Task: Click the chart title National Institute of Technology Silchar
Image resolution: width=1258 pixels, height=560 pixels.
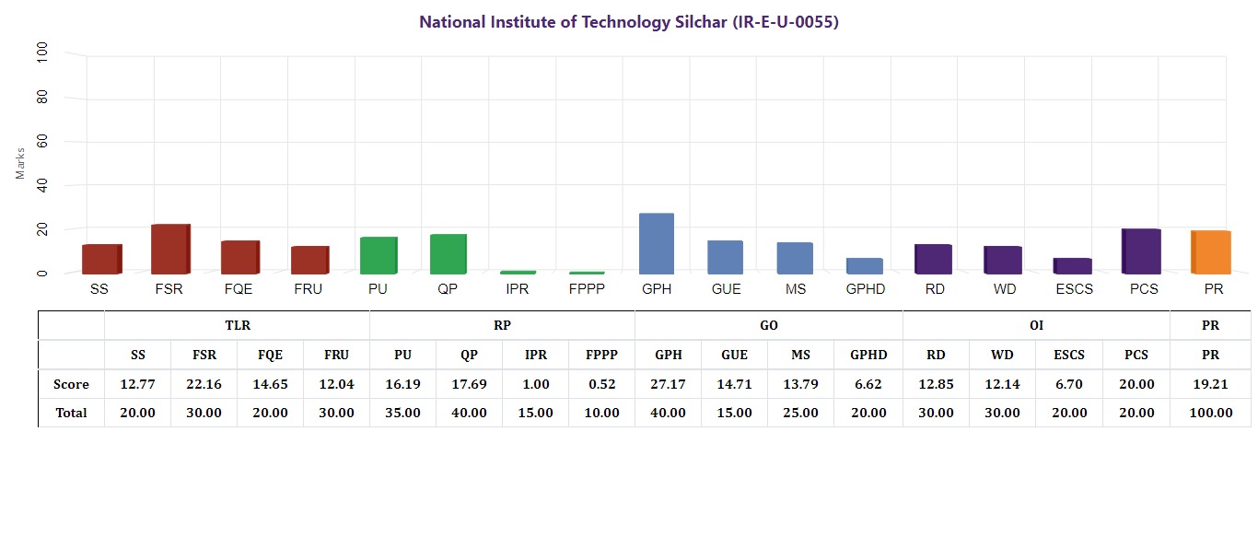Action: pos(628,22)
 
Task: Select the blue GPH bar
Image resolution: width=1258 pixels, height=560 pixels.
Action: pos(657,244)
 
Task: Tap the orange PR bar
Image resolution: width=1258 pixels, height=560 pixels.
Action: pos(1210,252)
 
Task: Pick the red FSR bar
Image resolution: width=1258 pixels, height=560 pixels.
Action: pos(170,250)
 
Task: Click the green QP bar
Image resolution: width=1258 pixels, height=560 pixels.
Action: pos(448,254)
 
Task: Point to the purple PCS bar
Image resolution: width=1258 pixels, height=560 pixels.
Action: pos(1141,251)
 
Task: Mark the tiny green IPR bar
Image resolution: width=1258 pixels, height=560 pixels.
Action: pos(518,273)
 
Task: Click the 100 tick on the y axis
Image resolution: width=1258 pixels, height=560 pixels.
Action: pos(42,52)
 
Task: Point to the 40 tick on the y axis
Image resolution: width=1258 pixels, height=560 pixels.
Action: pos(42,185)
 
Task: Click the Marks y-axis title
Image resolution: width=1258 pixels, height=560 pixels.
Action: pos(20,163)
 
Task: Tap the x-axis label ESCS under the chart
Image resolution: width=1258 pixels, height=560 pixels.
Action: pos(1075,289)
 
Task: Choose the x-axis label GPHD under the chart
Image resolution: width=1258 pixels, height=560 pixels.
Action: pos(866,289)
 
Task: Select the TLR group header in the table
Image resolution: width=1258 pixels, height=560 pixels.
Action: pos(238,326)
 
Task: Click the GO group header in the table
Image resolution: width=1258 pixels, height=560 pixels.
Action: pos(769,326)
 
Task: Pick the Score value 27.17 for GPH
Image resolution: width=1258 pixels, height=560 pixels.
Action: pos(668,384)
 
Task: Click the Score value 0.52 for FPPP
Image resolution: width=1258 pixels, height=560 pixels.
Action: pos(602,384)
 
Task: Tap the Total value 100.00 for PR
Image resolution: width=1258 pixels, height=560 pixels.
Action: pos(1211,413)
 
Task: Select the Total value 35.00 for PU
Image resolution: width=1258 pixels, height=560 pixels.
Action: pos(402,413)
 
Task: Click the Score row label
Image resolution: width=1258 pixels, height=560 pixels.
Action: pos(71,384)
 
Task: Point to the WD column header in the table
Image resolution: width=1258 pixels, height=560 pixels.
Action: pos(1003,355)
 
